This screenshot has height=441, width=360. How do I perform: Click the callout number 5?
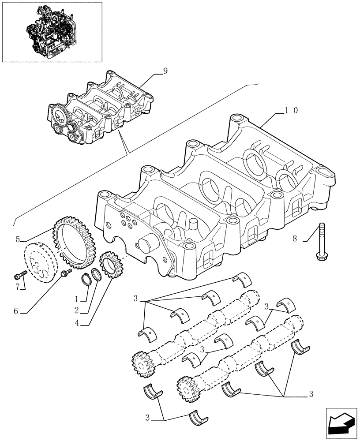(18, 239)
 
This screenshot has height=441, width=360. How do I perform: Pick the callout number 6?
(16, 311)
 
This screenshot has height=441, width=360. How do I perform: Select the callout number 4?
(77, 323)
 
